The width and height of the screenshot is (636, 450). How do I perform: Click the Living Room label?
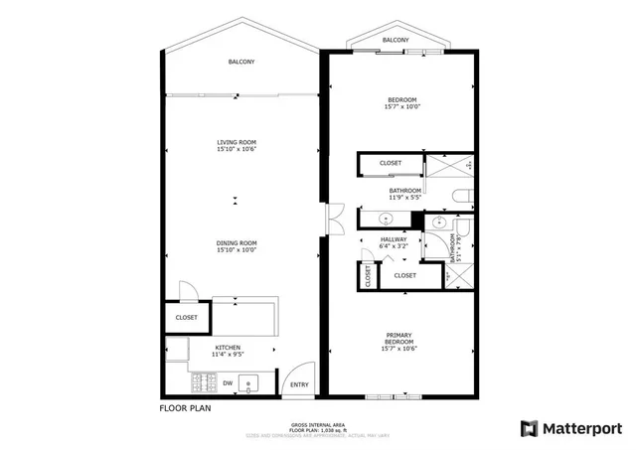[x=237, y=142]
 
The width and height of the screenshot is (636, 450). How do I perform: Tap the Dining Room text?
[x=237, y=243]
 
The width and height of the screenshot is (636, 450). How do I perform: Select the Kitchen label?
[x=228, y=347]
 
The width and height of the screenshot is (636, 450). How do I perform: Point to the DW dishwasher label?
[x=228, y=381]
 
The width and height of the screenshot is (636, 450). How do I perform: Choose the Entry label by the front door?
[x=298, y=386]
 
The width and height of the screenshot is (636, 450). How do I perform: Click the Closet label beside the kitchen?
[x=186, y=318]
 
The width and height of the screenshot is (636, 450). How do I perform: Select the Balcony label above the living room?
[x=241, y=62]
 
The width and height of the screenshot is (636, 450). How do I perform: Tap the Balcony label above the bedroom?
[x=395, y=40]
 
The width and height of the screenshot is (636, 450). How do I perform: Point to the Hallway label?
[x=395, y=239]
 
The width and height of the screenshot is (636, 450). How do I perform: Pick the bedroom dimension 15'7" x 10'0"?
[x=401, y=106]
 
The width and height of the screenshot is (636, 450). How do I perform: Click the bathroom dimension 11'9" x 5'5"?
[x=404, y=197]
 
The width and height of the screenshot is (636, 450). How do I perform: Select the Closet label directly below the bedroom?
[x=391, y=163]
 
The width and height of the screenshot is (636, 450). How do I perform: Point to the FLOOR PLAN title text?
[x=185, y=407]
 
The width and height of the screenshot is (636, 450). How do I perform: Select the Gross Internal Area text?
[x=319, y=423]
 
